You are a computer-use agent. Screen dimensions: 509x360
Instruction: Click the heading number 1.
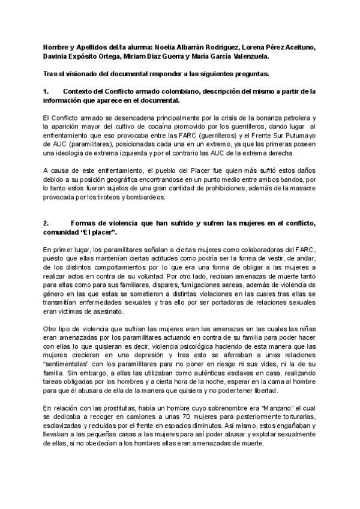(46, 91)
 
